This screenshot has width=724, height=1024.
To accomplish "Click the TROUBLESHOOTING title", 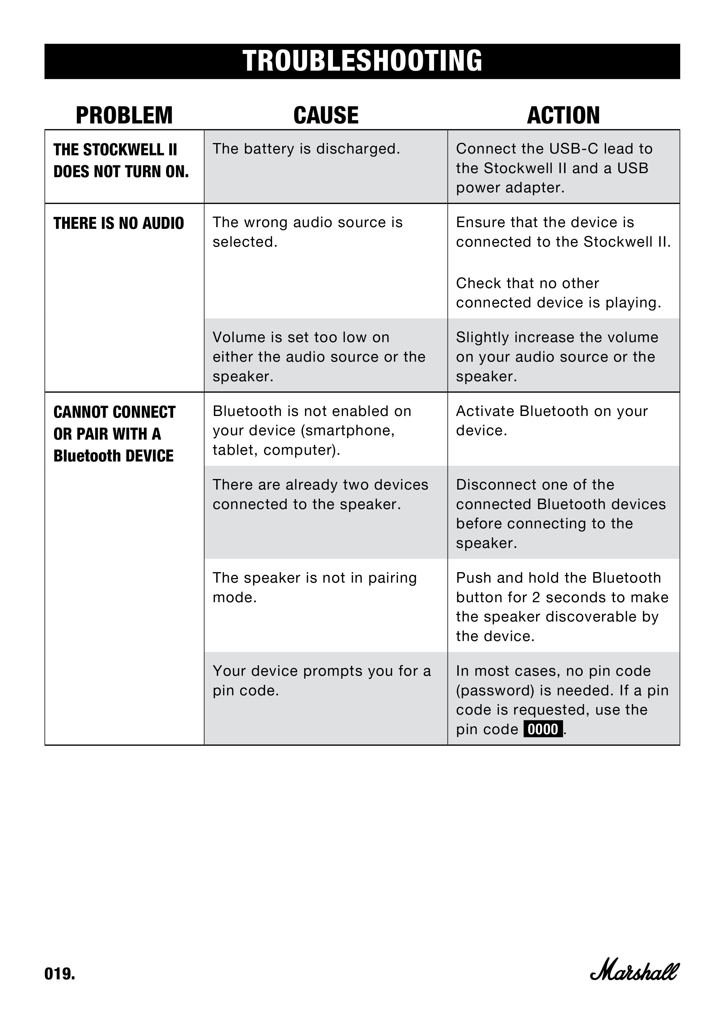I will coord(362,61).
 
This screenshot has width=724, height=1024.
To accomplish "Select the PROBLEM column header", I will coord(124,116).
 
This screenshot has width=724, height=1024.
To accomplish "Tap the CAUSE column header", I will coord(326,116).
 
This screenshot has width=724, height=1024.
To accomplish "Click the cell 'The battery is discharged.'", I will coord(306,149).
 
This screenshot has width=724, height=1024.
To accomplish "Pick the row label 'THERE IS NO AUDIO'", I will coord(118,223).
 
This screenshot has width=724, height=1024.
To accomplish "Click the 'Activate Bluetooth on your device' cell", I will coord(552,421).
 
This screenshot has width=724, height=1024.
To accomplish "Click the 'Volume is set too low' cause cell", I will coord(319,356).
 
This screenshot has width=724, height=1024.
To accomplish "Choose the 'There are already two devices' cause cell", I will coord(320,494).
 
